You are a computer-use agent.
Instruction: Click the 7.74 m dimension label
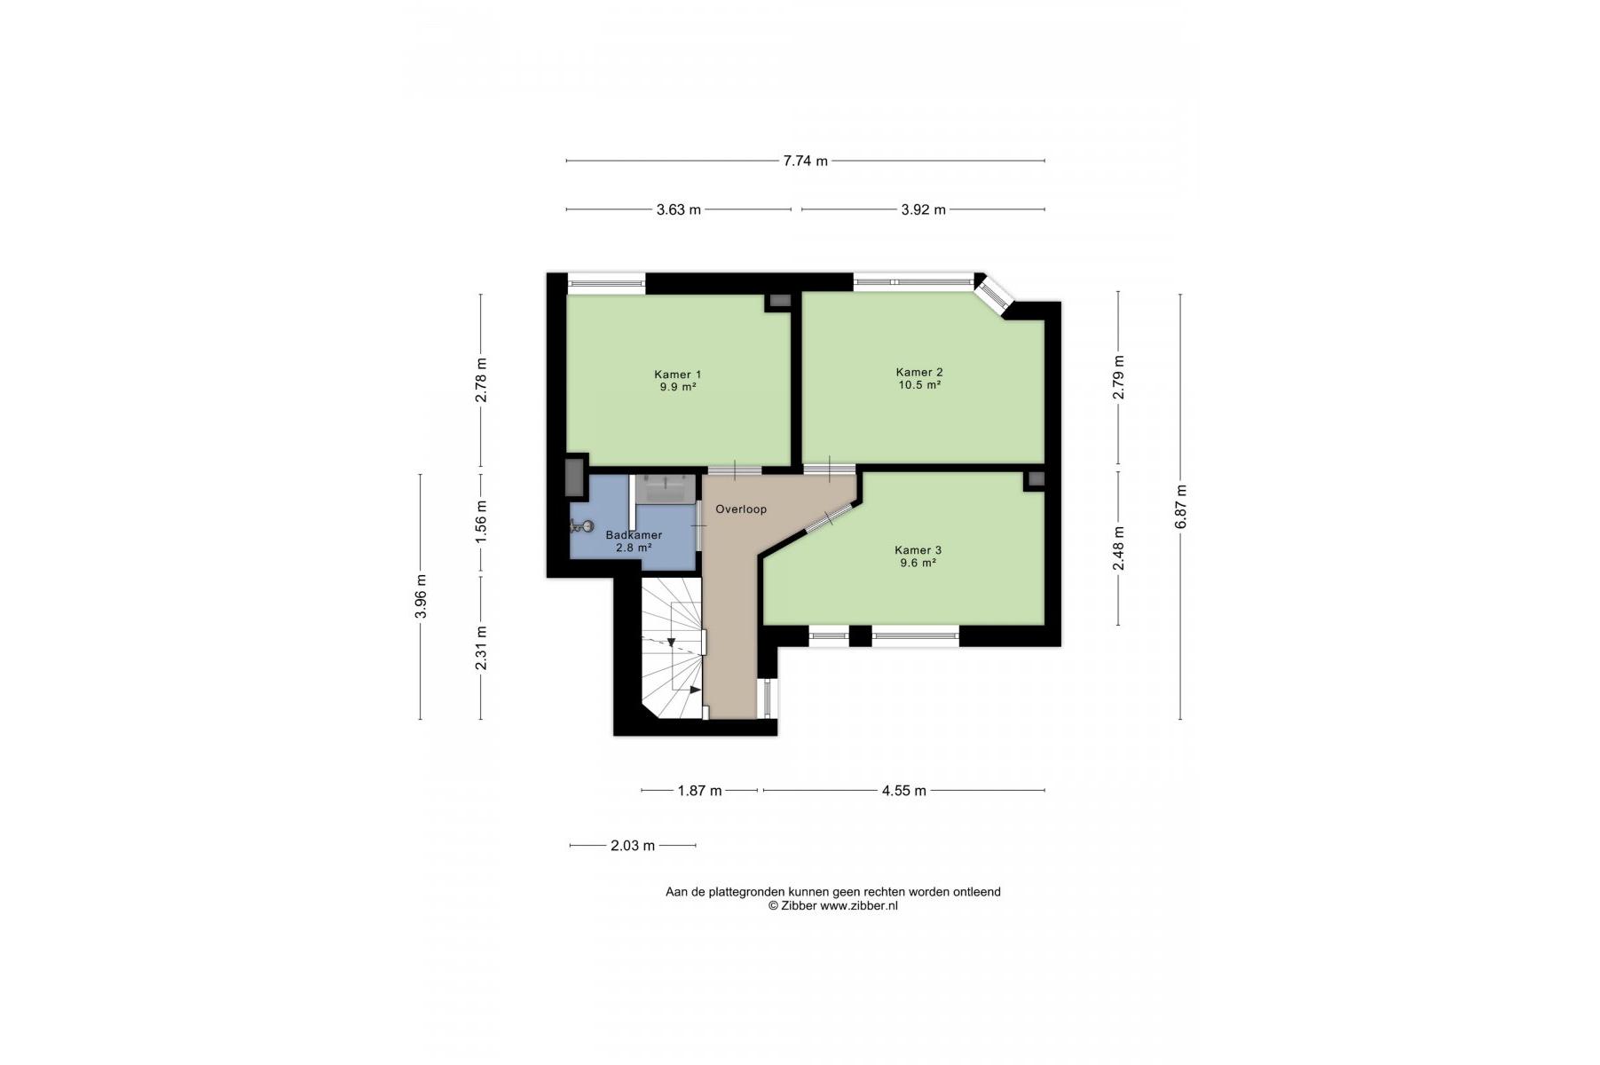tap(805, 161)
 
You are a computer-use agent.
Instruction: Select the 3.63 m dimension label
tap(678, 209)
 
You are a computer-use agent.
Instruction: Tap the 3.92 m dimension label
tap(923, 209)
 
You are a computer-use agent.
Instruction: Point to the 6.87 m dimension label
tap(1180, 507)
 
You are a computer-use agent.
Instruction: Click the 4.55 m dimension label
tap(903, 790)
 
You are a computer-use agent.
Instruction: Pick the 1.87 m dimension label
tap(699, 790)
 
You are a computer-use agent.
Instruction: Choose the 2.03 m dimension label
tap(633, 845)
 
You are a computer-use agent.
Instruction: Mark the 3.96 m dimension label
tap(421, 596)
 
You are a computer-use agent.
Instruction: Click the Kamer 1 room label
tap(678, 375)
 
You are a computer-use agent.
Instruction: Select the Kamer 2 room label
tap(919, 373)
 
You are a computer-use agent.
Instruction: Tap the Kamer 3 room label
tap(918, 550)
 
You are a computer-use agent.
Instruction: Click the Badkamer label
tap(634, 535)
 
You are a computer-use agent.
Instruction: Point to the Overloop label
tap(741, 509)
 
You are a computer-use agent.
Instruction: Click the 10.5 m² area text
tap(919, 385)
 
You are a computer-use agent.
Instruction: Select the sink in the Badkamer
tap(665, 488)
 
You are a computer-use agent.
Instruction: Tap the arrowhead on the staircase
tap(671, 642)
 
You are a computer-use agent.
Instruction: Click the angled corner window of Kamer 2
tap(993, 294)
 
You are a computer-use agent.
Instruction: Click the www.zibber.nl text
tap(858, 906)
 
